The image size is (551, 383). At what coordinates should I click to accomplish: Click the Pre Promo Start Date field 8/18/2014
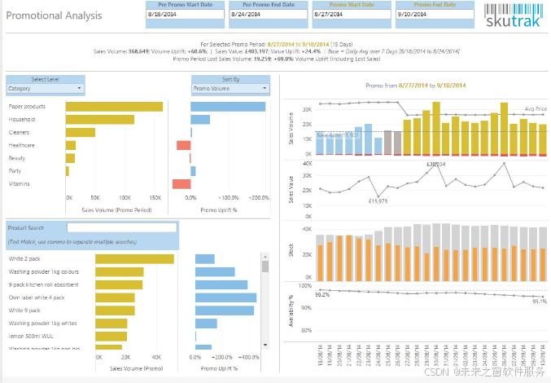[x=185, y=15]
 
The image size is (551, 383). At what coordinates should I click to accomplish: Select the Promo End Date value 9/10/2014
[x=434, y=15]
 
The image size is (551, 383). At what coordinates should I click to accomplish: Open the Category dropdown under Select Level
[x=46, y=88]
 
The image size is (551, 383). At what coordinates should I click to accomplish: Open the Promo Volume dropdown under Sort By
[x=230, y=88]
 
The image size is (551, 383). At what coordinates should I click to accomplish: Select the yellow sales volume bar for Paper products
[x=114, y=107]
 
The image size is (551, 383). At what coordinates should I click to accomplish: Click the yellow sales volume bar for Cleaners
[x=81, y=132]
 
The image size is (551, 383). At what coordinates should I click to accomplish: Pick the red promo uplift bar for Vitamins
[x=181, y=183]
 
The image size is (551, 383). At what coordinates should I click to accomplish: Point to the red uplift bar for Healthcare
[x=184, y=145]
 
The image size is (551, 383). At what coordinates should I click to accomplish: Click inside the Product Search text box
[x=121, y=228]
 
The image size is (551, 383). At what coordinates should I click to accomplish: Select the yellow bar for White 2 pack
[x=134, y=259]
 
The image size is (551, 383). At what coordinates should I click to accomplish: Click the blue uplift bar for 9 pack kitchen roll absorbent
[x=221, y=284]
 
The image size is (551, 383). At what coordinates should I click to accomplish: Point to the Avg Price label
[x=535, y=108]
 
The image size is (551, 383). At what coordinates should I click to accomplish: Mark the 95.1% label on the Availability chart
[x=538, y=301]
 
